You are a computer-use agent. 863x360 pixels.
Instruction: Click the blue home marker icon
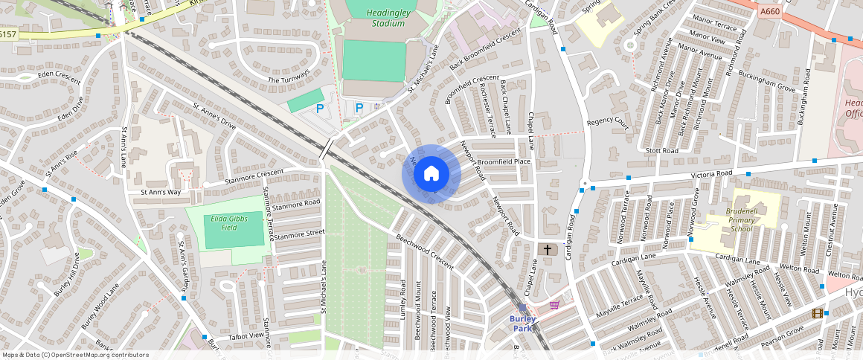tap(431, 174)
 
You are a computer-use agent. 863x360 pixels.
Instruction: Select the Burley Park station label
tap(523, 322)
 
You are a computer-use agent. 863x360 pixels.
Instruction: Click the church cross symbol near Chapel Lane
tap(548, 250)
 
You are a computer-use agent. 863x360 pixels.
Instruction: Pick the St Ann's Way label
tap(161, 192)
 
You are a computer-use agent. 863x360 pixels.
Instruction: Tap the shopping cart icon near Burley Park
tap(554, 304)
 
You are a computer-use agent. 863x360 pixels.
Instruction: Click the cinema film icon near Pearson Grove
tap(818, 313)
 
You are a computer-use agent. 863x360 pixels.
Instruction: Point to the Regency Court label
tap(608, 123)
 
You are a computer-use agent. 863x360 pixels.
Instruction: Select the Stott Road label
tap(662, 151)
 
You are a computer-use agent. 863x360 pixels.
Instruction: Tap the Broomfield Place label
tap(504, 161)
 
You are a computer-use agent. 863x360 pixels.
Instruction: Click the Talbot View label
tap(246, 336)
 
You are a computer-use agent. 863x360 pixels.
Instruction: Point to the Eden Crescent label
tap(38, 76)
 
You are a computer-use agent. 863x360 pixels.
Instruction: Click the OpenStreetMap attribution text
tap(76, 355)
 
